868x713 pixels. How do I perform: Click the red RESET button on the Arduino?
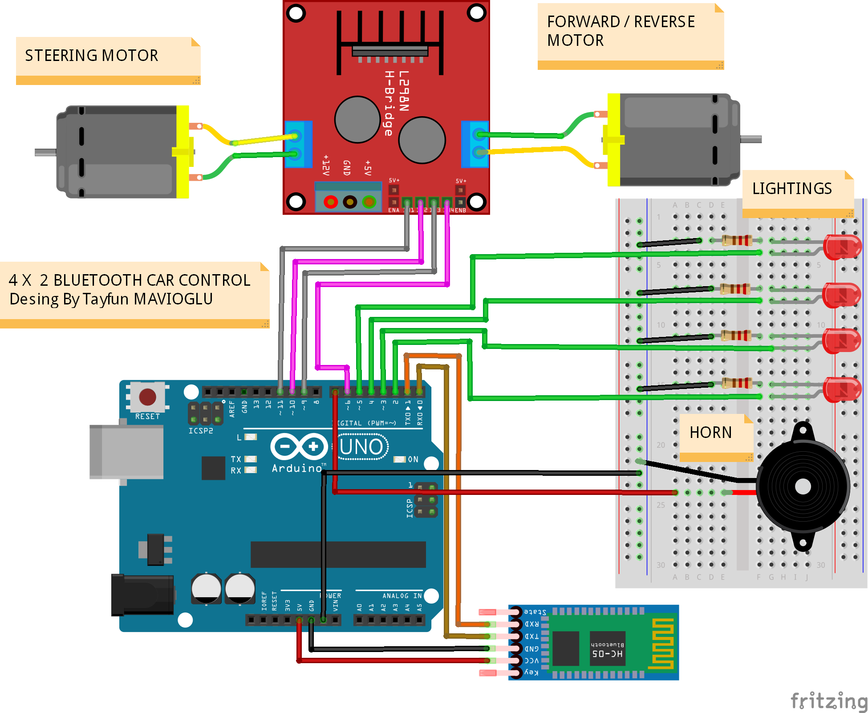(x=147, y=397)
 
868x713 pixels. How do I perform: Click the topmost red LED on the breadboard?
(x=842, y=247)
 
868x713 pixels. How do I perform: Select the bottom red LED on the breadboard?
(x=842, y=389)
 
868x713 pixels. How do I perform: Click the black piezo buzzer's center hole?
(x=803, y=486)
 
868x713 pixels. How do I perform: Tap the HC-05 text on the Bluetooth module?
(x=607, y=654)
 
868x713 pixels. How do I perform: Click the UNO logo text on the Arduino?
(x=361, y=447)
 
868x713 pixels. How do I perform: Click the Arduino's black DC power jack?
(x=142, y=595)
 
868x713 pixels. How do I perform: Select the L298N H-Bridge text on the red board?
(x=396, y=102)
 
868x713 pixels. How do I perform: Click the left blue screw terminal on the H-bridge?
(x=297, y=144)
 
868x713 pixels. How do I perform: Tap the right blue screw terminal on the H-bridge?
(x=475, y=144)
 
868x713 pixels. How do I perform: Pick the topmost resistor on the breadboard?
(x=736, y=241)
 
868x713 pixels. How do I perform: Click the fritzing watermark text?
(x=828, y=701)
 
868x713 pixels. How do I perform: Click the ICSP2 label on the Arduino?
(x=201, y=431)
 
